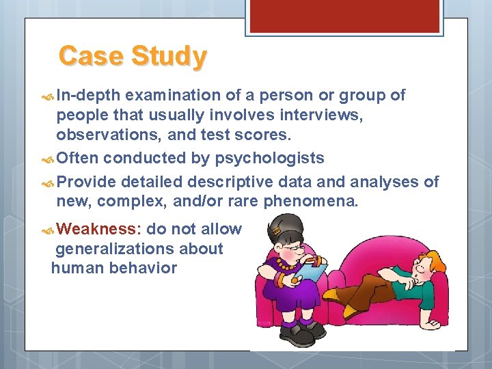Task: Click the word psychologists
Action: [270, 159]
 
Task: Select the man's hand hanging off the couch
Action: [430, 322]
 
